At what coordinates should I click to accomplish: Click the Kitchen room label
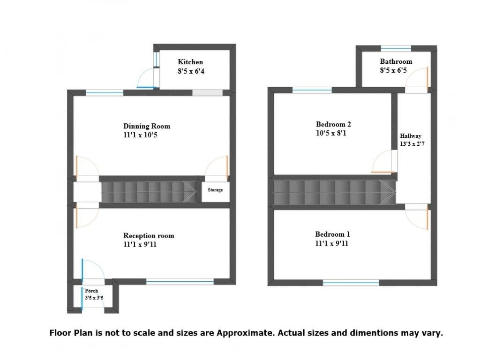tap(190, 62)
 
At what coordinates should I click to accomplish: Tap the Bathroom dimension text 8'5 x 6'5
tap(396, 71)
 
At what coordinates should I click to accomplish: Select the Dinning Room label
tap(147, 126)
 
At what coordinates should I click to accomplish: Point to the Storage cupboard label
tap(215, 190)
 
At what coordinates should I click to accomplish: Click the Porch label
tap(91, 291)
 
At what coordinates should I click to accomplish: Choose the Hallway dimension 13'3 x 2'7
tap(412, 144)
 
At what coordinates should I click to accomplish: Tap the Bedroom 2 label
tap(333, 124)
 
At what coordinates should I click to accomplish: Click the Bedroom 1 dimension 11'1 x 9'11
tap(332, 243)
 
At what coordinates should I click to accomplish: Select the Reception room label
tap(149, 235)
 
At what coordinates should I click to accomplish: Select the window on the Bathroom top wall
tap(396, 48)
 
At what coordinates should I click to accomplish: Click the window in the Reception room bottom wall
tap(180, 282)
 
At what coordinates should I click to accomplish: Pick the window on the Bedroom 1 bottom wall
tap(351, 283)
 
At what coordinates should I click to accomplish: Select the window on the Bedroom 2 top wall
tap(312, 90)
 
